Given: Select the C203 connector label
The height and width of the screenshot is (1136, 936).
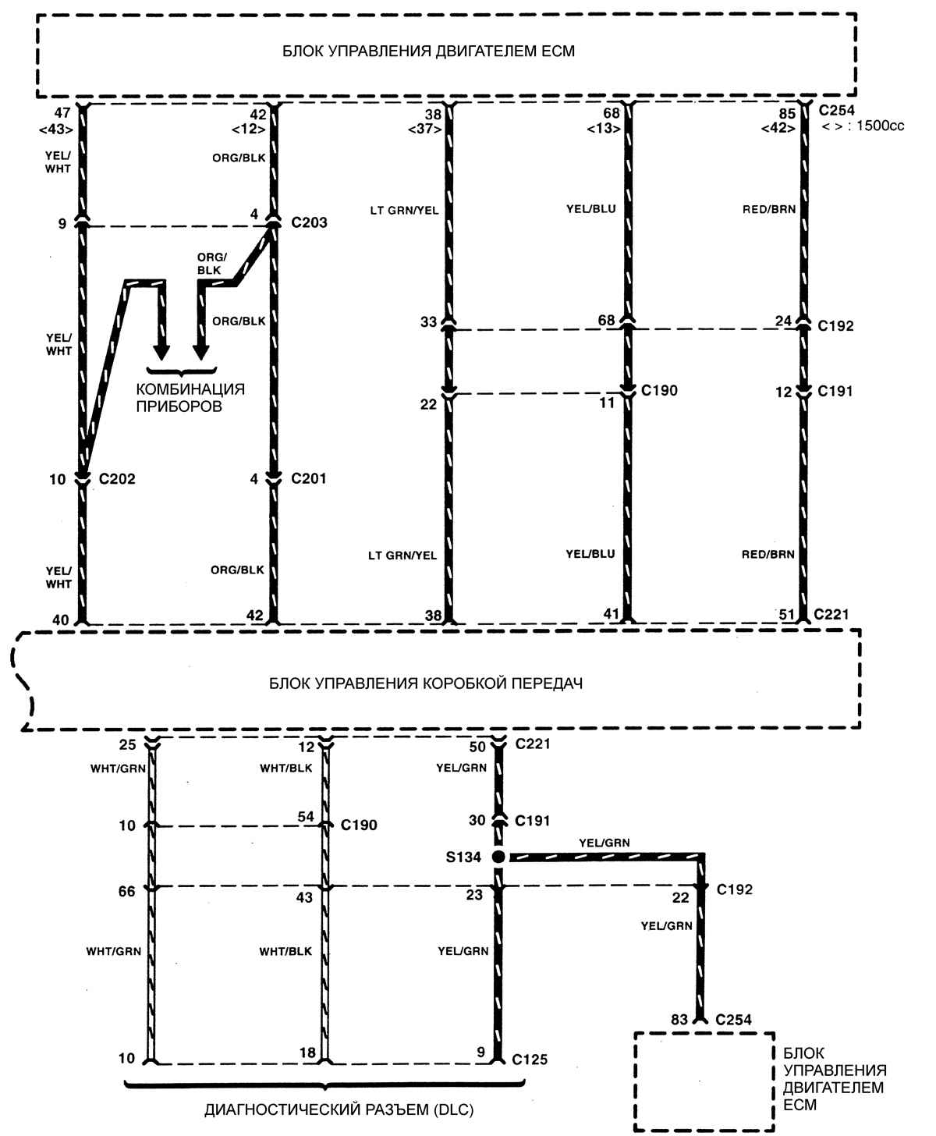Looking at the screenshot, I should pyautogui.click(x=309, y=223).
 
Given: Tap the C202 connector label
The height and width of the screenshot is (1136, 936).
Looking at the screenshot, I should pyautogui.click(x=117, y=479).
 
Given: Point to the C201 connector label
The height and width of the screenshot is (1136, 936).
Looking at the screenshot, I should pyautogui.click(x=309, y=479).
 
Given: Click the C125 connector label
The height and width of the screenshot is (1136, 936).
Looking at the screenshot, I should pyautogui.click(x=530, y=1060).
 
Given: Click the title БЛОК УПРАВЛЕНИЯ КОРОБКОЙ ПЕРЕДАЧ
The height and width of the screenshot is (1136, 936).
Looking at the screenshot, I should pyautogui.click(x=426, y=683).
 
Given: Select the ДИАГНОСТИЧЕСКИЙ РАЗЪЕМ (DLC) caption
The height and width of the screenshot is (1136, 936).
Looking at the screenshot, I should pyautogui.click(x=339, y=1109).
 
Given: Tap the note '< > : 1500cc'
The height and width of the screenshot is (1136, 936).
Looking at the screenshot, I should pyautogui.click(x=863, y=126).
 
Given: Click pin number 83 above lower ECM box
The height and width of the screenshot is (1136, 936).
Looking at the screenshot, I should pyautogui.click(x=679, y=1019).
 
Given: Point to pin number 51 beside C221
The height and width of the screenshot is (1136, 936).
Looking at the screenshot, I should pyautogui.click(x=785, y=615).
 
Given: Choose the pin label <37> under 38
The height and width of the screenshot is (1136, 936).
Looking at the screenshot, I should pyautogui.click(x=431, y=129).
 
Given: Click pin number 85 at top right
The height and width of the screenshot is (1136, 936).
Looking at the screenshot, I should pyautogui.click(x=787, y=113).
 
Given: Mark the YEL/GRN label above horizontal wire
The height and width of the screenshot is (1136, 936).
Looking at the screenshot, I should pyautogui.click(x=604, y=843).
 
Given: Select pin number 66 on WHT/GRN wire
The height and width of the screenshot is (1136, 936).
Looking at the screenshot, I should pyautogui.click(x=127, y=891).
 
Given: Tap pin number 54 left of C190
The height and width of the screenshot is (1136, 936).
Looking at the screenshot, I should pyautogui.click(x=306, y=817).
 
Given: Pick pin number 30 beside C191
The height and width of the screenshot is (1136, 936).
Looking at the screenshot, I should pyautogui.click(x=477, y=820).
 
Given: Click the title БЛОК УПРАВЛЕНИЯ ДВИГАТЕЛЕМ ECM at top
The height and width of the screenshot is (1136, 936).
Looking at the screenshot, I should pyautogui.click(x=428, y=51).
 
